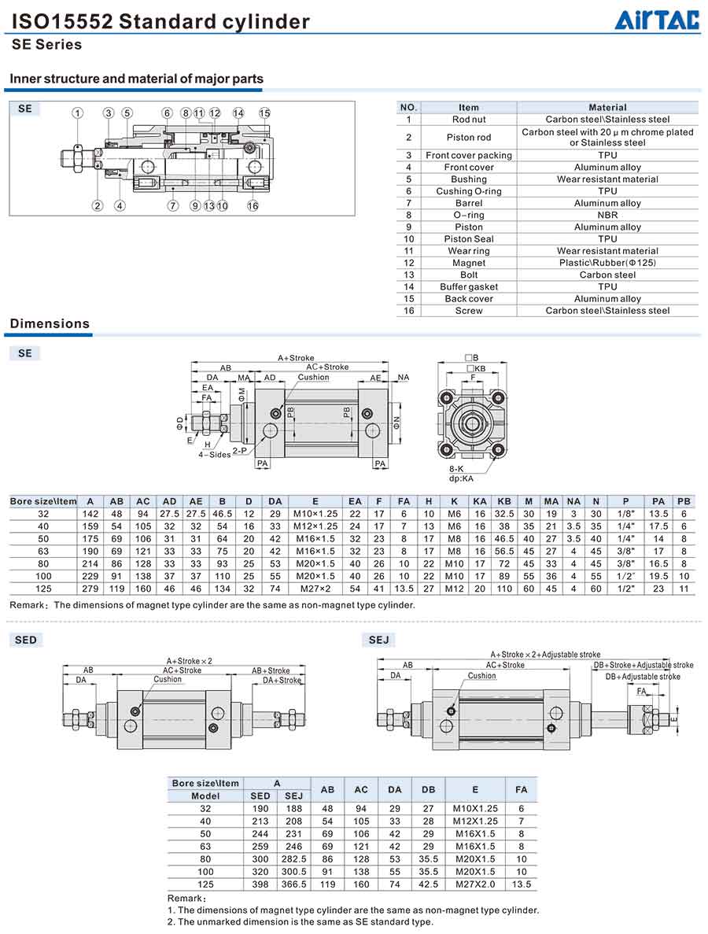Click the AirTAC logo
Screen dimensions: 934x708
pyautogui.click(x=657, y=19)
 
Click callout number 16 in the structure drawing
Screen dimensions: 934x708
pyautogui.click(x=253, y=206)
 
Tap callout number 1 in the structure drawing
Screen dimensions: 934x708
pyautogui.click(x=78, y=113)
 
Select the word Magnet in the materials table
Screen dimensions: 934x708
pyautogui.click(x=469, y=263)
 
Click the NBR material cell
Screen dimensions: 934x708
pyautogui.click(x=607, y=215)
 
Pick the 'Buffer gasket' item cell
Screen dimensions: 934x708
pyautogui.click(x=469, y=286)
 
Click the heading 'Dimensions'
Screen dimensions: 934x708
pyautogui.click(x=50, y=323)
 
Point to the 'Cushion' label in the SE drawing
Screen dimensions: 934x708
pyautogui.click(x=313, y=377)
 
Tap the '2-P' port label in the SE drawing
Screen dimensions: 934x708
pyautogui.click(x=240, y=451)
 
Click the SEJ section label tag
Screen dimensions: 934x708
pyautogui.click(x=379, y=640)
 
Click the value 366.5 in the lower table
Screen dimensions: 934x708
pyautogui.click(x=293, y=884)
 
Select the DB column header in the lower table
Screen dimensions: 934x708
pyautogui.click(x=428, y=789)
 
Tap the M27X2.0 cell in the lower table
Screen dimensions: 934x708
pyautogui.click(x=475, y=884)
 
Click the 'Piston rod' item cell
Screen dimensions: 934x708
pyautogui.click(x=469, y=137)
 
